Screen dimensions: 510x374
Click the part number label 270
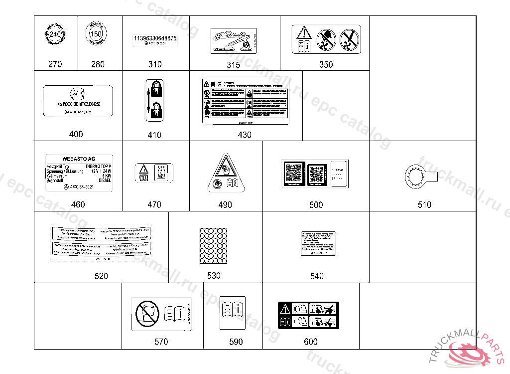[55, 64]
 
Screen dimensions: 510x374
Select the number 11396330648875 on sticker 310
[155, 38]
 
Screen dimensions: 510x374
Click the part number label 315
[233, 65]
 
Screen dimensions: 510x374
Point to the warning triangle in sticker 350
[303, 33]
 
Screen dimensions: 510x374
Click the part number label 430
[245, 135]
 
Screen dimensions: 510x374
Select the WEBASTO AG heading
[79, 159]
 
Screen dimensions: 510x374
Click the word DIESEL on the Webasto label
[105, 180]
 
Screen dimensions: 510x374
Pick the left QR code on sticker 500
[294, 173]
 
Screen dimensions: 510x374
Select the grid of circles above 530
[213, 245]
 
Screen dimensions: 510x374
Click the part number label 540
[317, 276]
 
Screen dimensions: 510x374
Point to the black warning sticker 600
[308, 316]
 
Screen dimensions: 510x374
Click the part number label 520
[101, 276]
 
